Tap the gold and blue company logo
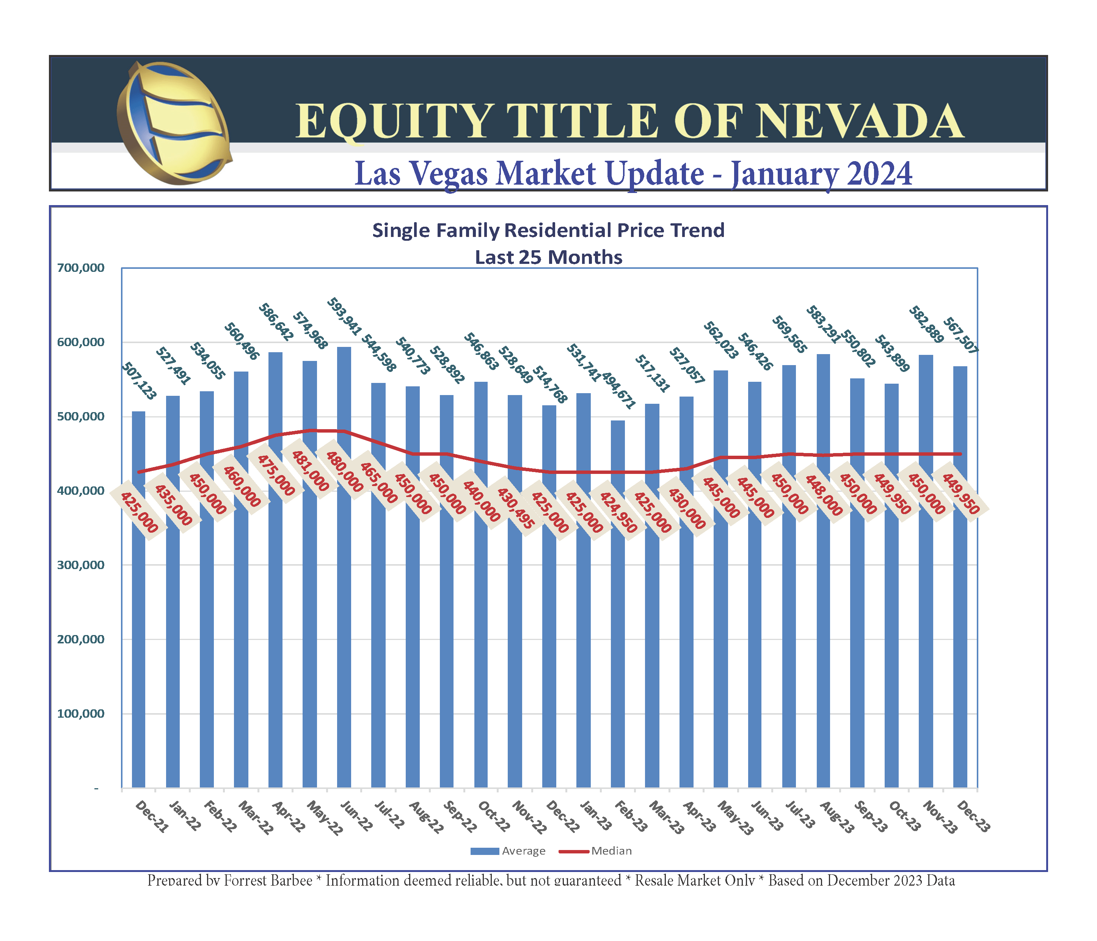[x=173, y=123]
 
